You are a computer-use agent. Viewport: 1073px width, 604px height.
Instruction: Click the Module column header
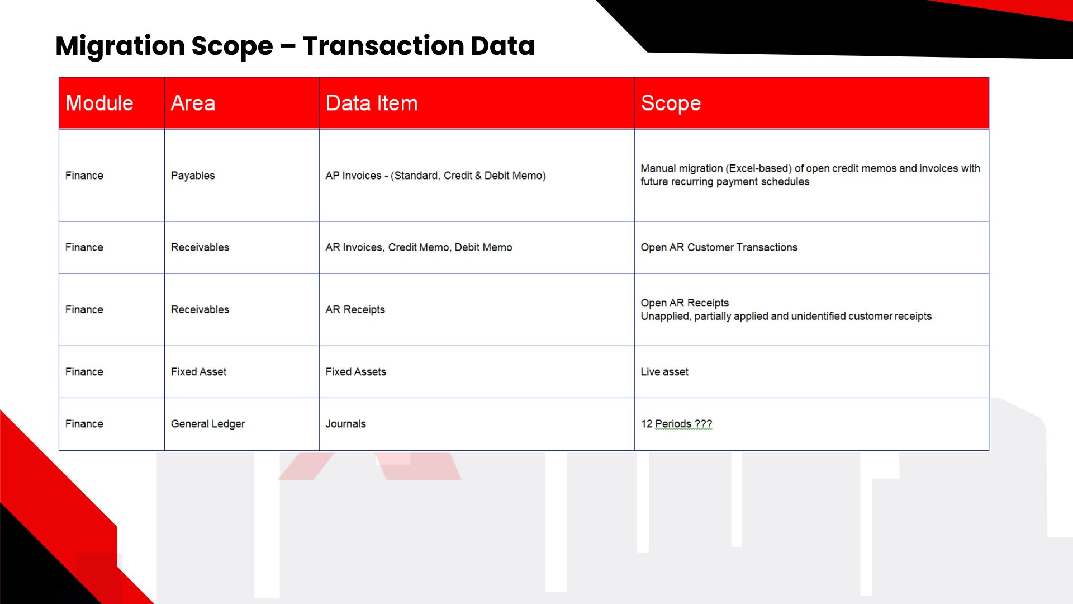tap(99, 103)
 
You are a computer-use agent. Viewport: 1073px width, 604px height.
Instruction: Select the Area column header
tap(193, 103)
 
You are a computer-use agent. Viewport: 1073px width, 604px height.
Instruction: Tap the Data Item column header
tap(372, 103)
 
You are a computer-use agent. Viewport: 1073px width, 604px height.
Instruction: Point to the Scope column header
tap(671, 103)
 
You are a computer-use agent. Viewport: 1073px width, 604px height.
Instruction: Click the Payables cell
tap(193, 176)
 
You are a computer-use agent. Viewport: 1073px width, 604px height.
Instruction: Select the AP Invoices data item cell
tap(435, 176)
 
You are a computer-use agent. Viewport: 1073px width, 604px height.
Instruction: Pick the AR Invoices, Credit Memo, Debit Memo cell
tap(419, 247)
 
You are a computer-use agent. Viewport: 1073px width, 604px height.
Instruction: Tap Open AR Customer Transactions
tap(719, 247)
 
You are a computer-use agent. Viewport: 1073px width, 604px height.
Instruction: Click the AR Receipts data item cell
tap(355, 309)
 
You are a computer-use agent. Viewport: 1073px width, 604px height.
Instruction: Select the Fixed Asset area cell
tap(198, 372)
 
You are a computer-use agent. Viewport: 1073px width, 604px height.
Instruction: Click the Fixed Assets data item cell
tap(355, 372)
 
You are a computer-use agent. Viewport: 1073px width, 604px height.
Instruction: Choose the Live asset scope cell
tap(664, 372)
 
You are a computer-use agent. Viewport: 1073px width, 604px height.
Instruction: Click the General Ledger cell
tap(208, 424)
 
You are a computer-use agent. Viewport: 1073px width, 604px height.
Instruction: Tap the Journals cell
tap(345, 424)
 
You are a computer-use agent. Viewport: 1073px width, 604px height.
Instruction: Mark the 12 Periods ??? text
tap(676, 424)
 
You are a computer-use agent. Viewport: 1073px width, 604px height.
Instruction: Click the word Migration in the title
tap(120, 46)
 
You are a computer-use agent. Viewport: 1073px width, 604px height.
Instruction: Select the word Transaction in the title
tap(382, 46)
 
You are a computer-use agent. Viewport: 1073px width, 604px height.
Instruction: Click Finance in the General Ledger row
tap(84, 424)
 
